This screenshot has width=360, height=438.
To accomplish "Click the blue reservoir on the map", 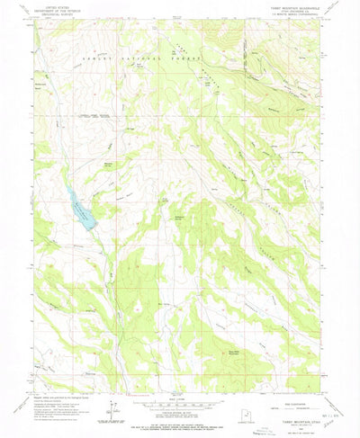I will click(x=81, y=212).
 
